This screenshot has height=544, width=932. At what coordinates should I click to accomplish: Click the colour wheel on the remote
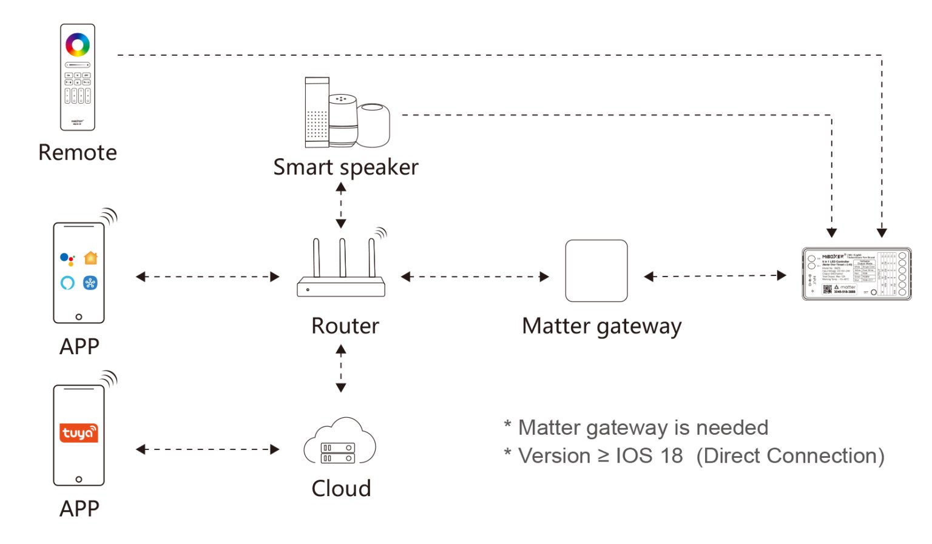click(78, 44)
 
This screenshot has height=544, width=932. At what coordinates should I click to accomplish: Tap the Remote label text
click(78, 152)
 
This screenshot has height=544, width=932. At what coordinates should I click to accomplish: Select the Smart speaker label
click(346, 167)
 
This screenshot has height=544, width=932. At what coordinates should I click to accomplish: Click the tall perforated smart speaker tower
click(317, 112)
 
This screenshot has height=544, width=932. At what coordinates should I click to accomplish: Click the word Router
click(345, 326)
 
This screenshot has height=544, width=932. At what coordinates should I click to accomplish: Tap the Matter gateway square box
click(596, 270)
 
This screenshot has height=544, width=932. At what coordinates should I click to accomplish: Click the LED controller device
click(856, 274)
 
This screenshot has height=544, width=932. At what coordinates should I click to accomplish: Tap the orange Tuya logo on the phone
click(78, 433)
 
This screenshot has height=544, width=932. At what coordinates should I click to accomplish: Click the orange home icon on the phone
click(90, 258)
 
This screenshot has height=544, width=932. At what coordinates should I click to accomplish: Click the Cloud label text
click(341, 489)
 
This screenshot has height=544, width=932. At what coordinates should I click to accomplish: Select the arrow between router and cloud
click(341, 368)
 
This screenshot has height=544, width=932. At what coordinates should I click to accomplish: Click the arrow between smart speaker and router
click(341, 206)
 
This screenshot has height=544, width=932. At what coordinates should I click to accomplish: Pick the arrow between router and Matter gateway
click(475, 277)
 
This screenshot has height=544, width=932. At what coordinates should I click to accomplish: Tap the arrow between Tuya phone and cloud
click(208, 449)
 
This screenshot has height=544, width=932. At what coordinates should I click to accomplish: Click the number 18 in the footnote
click(672, 456)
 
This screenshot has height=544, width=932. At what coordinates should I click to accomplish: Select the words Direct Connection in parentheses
click(790, 456)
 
